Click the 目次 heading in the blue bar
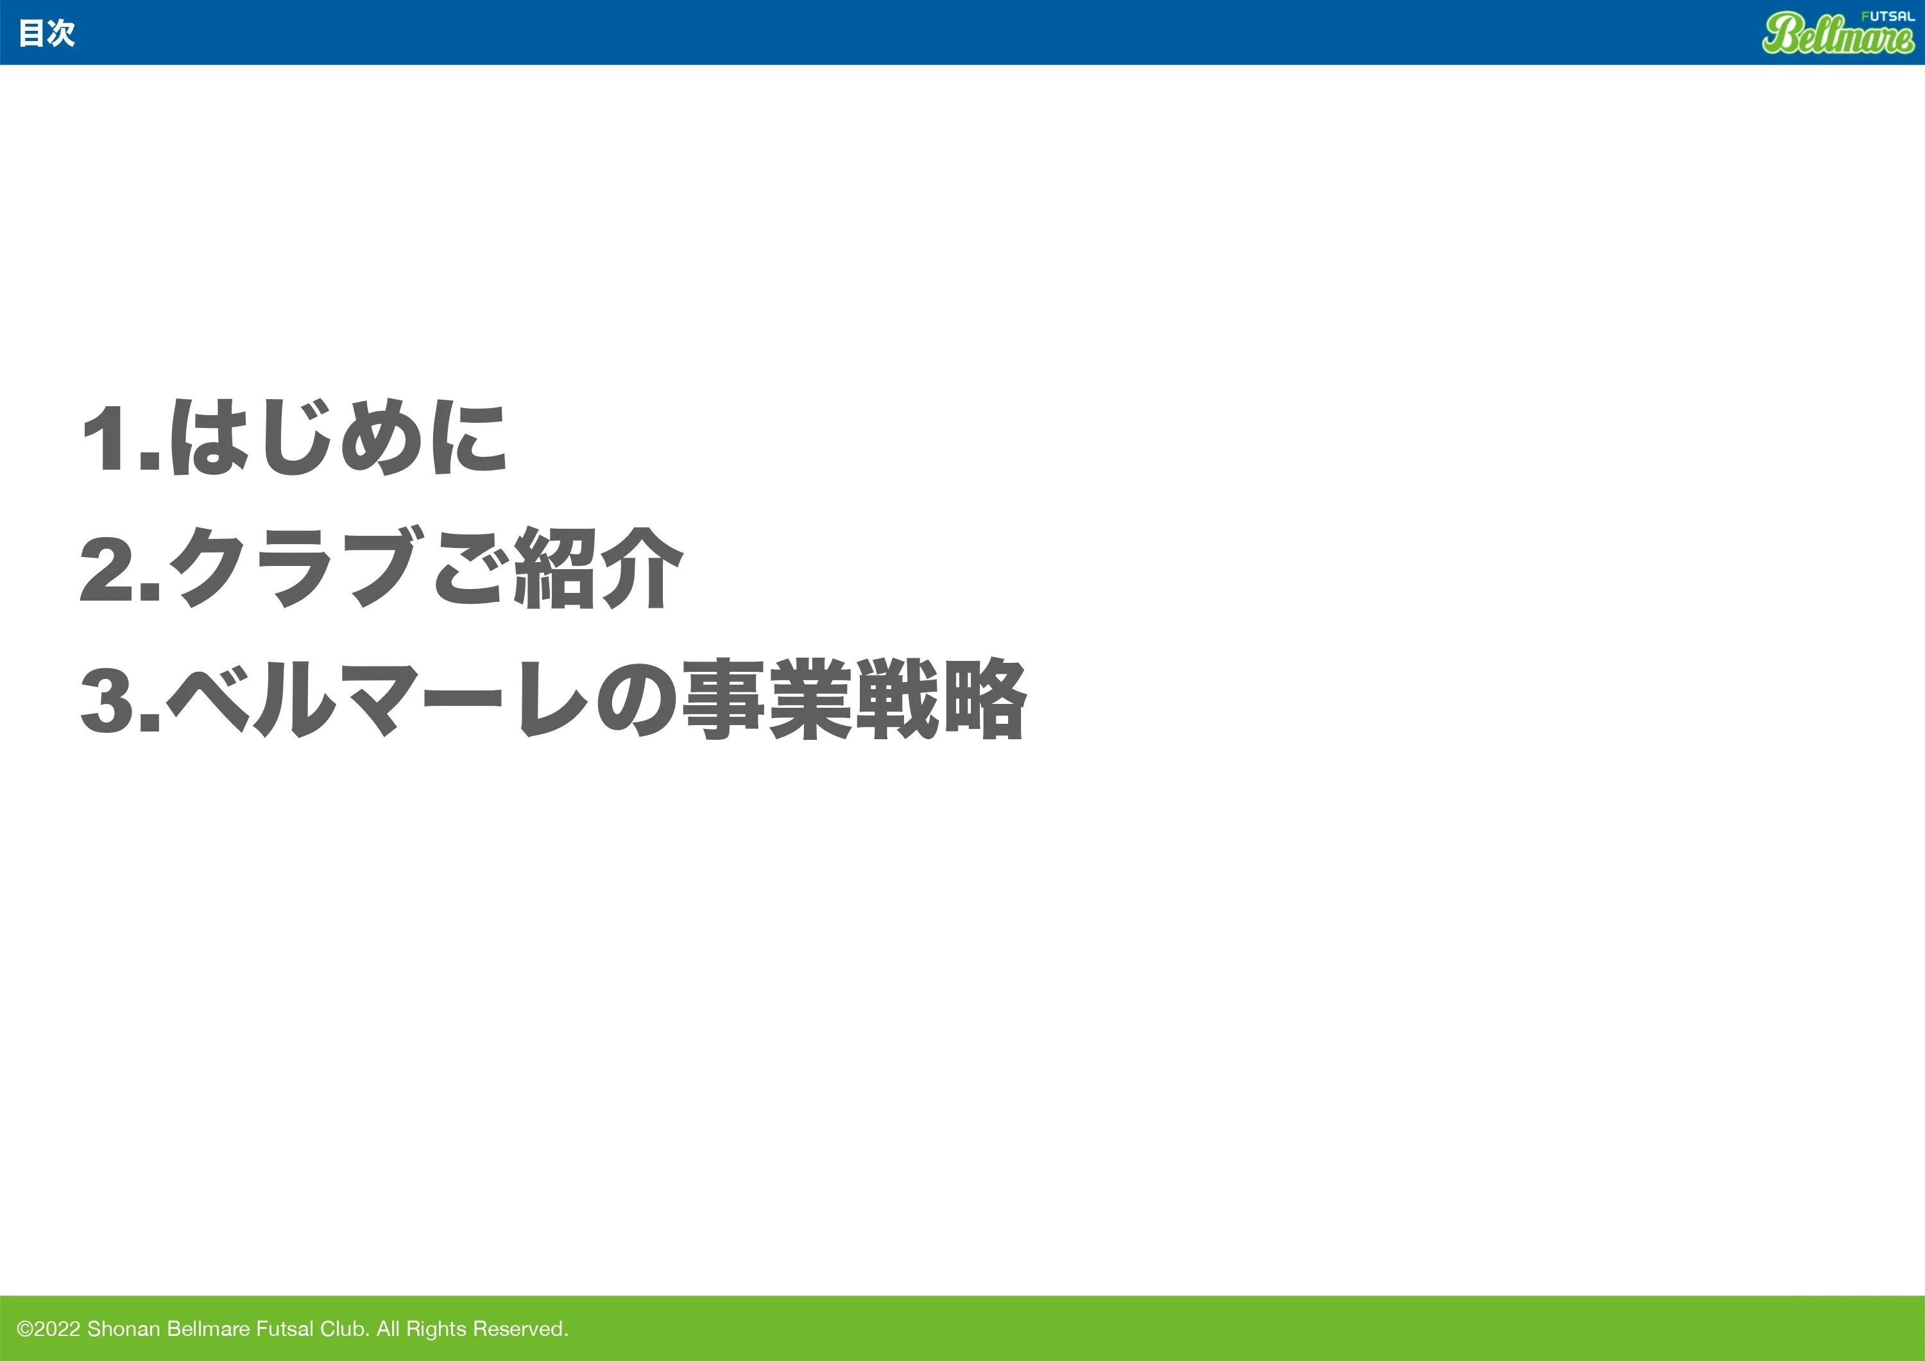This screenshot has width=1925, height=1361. click(x=47, y=33)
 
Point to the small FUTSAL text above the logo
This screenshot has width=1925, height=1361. click(x=1887, y=17)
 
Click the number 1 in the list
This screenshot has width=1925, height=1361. click(x=107, y=438)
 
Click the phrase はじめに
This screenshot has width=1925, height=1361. click(x=339, y=438)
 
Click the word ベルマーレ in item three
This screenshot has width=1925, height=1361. click(x=377, y=699)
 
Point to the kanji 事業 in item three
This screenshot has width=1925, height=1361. click(x=768, y=699)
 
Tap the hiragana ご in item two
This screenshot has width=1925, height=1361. click(x=470, y=568)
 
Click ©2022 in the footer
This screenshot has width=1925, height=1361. click(x=49, y=1329)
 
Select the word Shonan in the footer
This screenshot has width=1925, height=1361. click(x=123, y=1329)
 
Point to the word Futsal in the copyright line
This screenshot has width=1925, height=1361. click(x=284, y=1329)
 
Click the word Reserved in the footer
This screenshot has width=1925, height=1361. click(x=520, y=1329)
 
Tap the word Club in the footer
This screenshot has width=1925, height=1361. click(x=345, y=1329)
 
